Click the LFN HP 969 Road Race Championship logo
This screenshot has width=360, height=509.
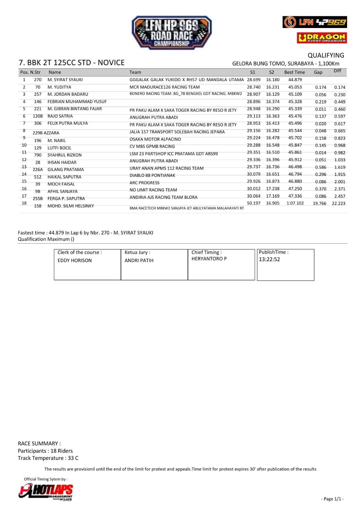click(172, 33)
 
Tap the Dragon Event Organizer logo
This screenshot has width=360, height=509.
click(322, 38)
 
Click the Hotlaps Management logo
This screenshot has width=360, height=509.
click(46, 492)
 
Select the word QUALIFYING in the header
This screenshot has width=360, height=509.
click(326, 55)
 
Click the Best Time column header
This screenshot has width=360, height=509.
click(294, 72)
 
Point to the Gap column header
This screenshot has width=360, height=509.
click(318, 72)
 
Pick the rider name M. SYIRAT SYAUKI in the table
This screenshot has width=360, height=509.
click(65, 80)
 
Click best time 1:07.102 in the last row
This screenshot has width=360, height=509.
click(295, 203)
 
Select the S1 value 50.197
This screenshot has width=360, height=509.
click(253, 203)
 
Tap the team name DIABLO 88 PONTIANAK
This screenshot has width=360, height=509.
click(152, 176)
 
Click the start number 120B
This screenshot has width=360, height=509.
click(38, 116)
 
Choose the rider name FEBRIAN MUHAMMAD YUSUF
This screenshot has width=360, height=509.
click(77, 102)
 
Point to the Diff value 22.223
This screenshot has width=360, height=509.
click(338, 204)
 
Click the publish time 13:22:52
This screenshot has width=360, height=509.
click(269, 259)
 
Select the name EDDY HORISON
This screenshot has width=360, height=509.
click(74, 261)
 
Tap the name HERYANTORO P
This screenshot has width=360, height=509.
click(209, 259)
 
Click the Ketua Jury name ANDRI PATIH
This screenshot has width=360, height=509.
click(139, 261)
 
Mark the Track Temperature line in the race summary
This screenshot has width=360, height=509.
click(48, 458)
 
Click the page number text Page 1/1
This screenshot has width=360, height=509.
click(332, 499)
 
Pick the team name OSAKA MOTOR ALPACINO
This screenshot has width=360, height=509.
click(155, 139)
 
